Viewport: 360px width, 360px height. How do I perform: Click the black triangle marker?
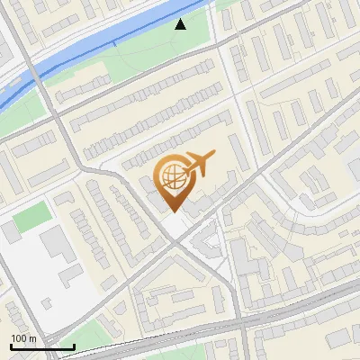tap(181, 24)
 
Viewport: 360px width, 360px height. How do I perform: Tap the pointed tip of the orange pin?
tap(171, 211)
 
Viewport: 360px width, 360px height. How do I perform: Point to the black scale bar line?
tap(41, 346)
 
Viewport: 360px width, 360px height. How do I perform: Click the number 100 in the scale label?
tap(19, 338)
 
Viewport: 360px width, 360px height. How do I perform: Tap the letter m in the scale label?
tap(32, 338)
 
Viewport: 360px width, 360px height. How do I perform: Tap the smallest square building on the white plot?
tap(10, 231)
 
